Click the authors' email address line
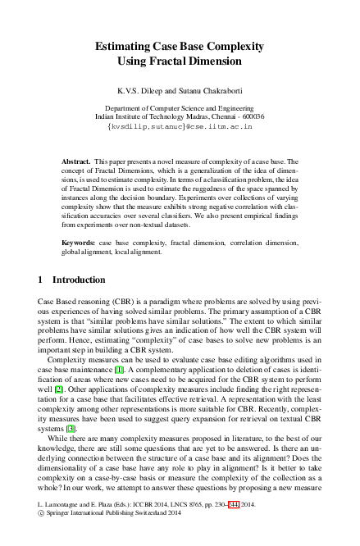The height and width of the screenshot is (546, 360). [x=180, y=128]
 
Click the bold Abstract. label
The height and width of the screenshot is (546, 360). [x=76, y=162]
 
